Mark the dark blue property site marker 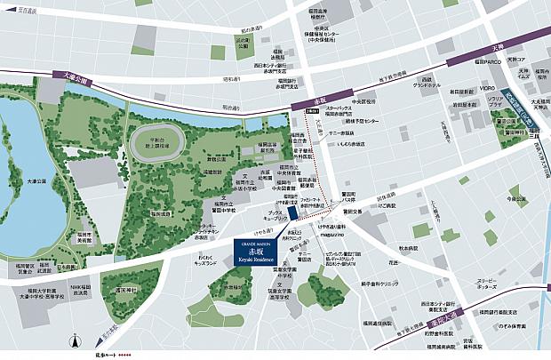tap(292, 220)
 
